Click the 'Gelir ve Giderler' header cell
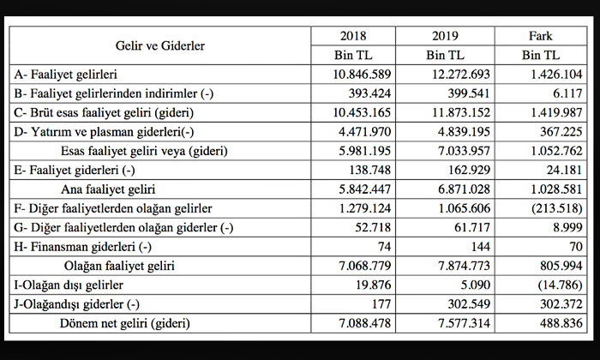point(160,45)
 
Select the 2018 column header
point(352,36)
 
